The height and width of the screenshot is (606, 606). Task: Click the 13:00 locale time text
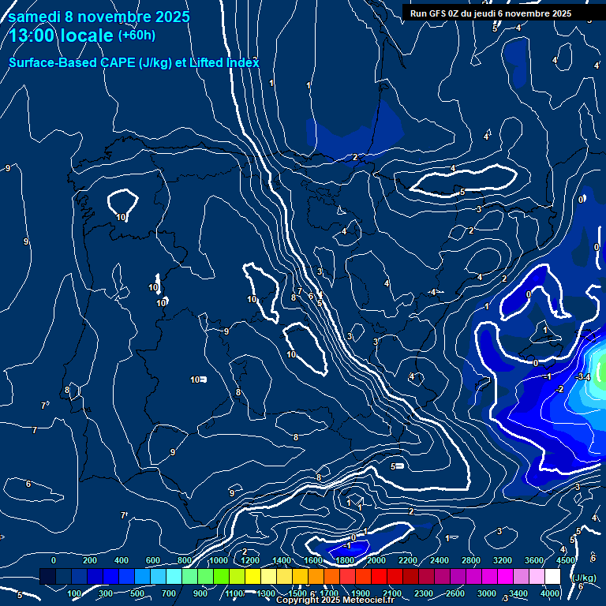(x=61, y=36)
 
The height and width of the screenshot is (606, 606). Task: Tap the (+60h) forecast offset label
(x=137, y=36)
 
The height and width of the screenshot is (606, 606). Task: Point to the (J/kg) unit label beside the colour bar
(x=583, y=578)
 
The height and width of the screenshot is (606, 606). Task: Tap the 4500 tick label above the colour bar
(x=566, y=560)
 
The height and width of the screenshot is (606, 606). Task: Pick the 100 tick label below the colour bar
(x=75, y=593)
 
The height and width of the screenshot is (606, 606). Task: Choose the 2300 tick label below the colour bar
(x=423, y=593)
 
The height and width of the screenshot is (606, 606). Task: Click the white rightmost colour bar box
(x=552, y=577)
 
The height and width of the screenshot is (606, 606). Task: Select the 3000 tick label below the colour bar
(x=486, y=593)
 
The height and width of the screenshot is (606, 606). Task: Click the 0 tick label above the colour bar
(x=54, y=560)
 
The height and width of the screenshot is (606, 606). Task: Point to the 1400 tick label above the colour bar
(x=282, y=560)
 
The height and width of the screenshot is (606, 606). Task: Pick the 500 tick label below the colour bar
(x=139, y=593)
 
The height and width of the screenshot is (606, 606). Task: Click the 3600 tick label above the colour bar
(x=534, y=560)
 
